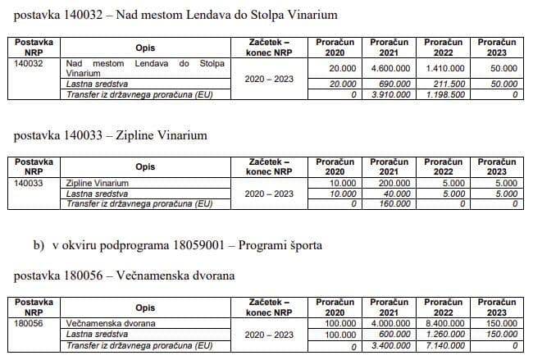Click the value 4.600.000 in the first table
(x=389, y=71)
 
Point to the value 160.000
(x=395, y=204)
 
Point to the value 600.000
(x=395, y=335)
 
